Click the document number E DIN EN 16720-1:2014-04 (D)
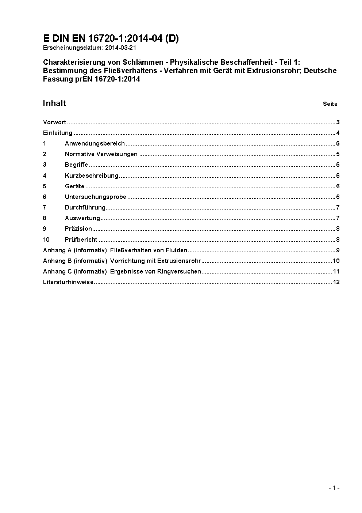pos(111,38)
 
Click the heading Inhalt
pos(54,103)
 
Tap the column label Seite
pos(330,104)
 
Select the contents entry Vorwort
pos(54,122)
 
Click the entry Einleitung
pos(58,133)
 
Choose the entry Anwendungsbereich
pos(95,143)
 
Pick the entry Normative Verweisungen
pos(101,154)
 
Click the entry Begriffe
pos(76,165)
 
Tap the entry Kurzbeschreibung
pos(92,176)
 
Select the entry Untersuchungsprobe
pos(96,197)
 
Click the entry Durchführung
pos(85,207)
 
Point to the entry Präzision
pos(78,229)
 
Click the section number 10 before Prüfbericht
pos(46,239)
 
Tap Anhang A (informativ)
pos(75,250)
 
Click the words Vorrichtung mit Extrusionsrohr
pos(155,261)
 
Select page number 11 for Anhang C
pos(336,271)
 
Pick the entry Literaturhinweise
pos(68,282)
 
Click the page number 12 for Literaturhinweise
pos(336,282)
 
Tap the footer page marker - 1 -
pos(334,488)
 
